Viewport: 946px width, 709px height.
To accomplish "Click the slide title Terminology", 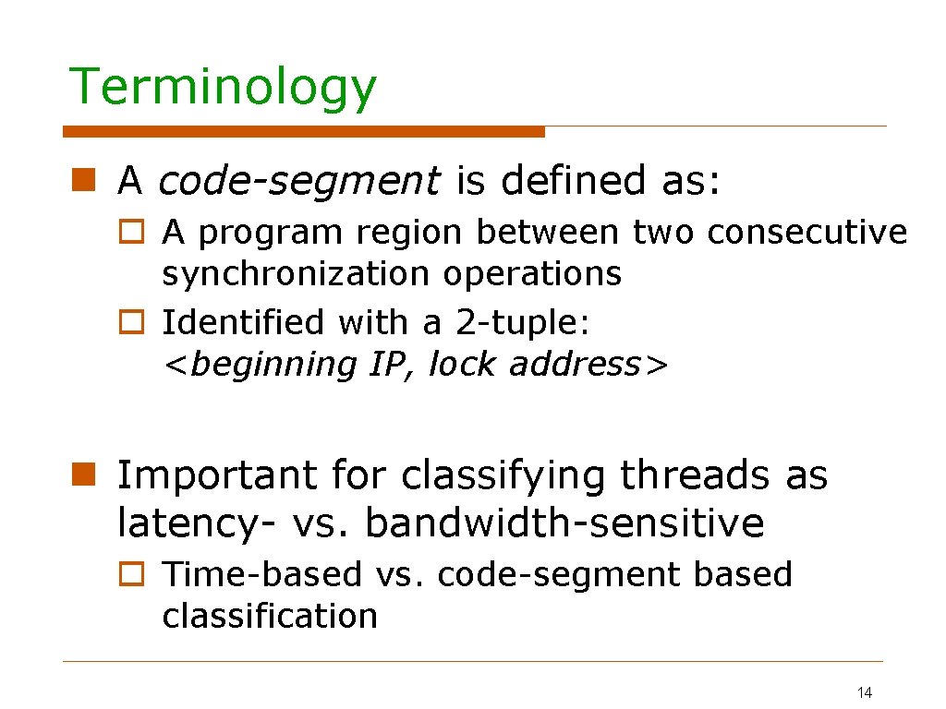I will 223,88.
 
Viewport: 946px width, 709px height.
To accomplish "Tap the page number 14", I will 865,692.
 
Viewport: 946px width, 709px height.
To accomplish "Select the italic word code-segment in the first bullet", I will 299,181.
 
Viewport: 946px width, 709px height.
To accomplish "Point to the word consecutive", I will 807,233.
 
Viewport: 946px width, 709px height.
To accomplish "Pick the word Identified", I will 243,323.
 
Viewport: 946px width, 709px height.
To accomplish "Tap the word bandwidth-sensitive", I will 564,523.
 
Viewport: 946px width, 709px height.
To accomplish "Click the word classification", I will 270,616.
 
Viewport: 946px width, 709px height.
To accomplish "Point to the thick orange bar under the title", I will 304,132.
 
